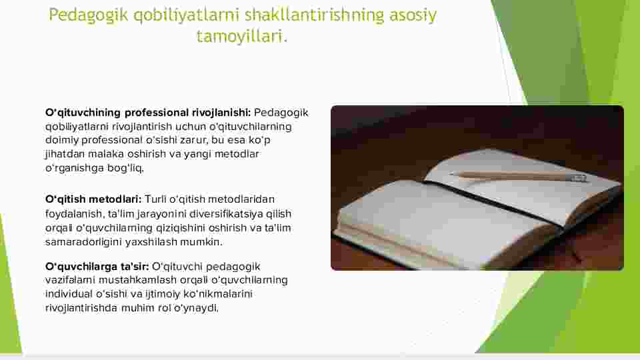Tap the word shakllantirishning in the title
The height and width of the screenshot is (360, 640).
tap(314, 15)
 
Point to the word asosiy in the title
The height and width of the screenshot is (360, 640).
tap(413, 15)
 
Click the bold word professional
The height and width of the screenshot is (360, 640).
tap(157, 113)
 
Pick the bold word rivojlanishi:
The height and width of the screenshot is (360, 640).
tap(221, 113)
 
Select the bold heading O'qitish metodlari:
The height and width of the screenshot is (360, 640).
tap(93, 199)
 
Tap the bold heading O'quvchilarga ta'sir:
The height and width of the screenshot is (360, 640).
tap(97, 267)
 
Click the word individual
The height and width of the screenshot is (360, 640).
tap(69, 294)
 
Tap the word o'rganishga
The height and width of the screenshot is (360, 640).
tap(75, 168)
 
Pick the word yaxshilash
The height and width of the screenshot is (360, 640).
tap(151, 241)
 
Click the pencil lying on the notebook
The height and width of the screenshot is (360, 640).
tap(519, 176)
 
